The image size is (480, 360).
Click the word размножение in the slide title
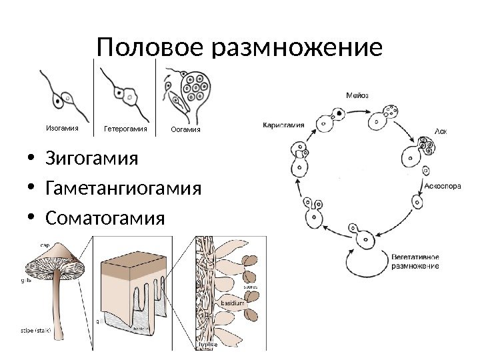(x=289, y=49)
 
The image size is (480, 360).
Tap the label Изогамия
(x=61, y=127)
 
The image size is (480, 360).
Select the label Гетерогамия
(x=125, y=128)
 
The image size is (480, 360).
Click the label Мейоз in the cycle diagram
(x=357, y=95)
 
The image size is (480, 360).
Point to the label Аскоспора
(x=443, y=187)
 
